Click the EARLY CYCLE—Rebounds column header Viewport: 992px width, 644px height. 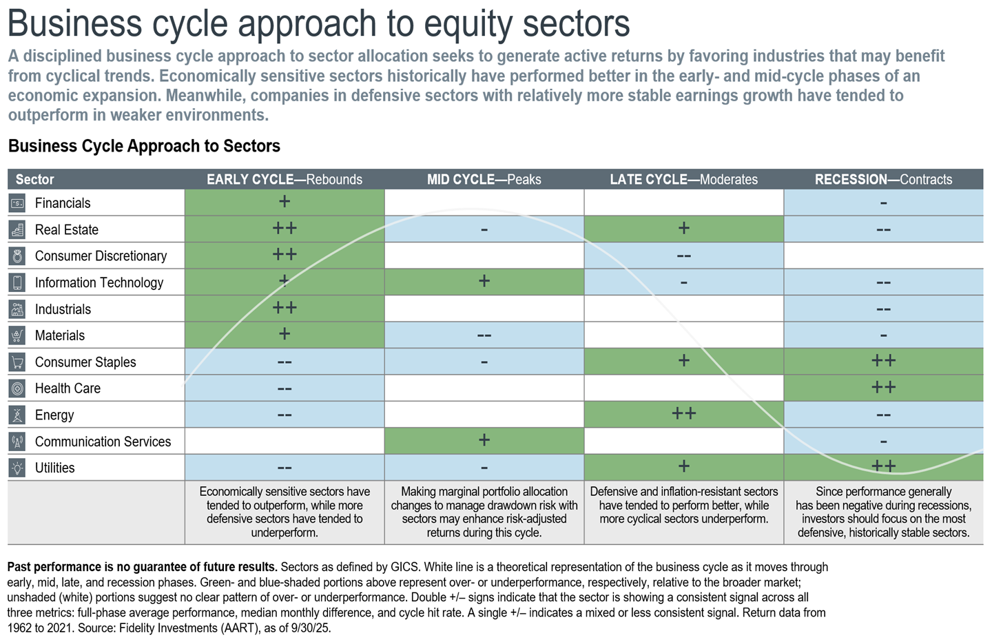tap(284, 180)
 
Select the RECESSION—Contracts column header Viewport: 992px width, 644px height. tap(883, 180)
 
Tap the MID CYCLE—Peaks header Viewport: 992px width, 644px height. tap(484, 180)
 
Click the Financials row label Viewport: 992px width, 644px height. tap(63, 203)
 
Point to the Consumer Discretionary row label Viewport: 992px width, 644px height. tap(101, 256)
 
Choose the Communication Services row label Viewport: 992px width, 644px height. tap(103, 442)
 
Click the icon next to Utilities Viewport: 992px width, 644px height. tap(17, 468)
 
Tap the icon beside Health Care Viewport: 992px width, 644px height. tap(17, 388)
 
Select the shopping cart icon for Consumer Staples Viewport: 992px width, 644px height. tap(17, 362)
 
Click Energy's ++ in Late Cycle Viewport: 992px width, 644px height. tap(683, 413)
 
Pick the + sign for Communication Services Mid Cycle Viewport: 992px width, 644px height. tap(484, 440)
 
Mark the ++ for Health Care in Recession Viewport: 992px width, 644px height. tap(883, 387)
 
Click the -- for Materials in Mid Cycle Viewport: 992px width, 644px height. tap(484, 335)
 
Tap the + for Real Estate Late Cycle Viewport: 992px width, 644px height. tap(683, 228)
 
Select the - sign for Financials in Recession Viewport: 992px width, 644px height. tap(883, 203)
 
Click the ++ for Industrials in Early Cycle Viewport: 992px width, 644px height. tap(284, 307)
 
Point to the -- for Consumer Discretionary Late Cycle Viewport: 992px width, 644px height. tap(683, 256)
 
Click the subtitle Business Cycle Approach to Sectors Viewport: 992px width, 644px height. tap(144, 146)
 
